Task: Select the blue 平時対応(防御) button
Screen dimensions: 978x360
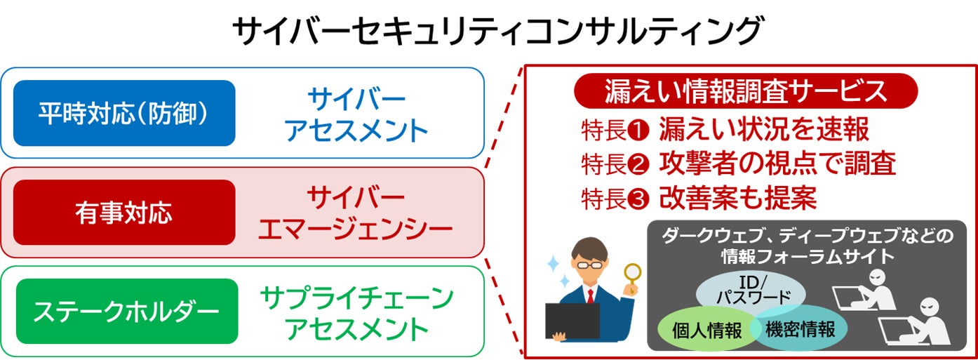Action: tap(124, 113)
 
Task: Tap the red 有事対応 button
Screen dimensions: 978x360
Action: tap(124, 213)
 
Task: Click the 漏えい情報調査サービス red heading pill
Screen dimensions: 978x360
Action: tap(746, 91)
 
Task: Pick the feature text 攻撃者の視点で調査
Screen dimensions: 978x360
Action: tap(777, 164)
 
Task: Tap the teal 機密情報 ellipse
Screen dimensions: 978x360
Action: tap(800, 328)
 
